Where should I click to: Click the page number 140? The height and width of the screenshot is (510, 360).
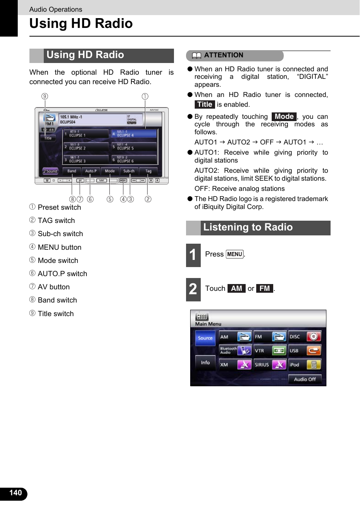[x=15, y=493]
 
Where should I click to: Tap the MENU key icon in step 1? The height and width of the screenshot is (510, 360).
[x=234, y=254]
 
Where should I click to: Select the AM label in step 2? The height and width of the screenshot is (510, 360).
[x=237, y=289]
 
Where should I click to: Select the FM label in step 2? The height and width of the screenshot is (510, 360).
[x=265, y=289]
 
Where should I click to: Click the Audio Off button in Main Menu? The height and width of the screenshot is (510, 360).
[x=305, y=379]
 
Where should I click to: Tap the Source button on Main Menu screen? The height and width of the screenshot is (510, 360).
[x=205, y=338]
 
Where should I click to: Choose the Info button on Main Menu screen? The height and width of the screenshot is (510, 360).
[x=205, y=363]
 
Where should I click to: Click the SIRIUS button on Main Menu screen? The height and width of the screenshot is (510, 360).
[x=270, y=365]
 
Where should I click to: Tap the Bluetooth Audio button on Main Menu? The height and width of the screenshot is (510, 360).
[x=235, y=350]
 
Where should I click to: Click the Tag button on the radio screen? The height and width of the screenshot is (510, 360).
[x=148, y=171]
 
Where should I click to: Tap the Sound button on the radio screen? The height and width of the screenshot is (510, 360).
[x=50, y=171]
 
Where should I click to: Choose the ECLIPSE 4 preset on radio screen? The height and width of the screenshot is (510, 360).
[x=134, y=134]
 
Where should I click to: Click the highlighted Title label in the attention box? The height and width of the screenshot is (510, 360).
[x=205, y=104]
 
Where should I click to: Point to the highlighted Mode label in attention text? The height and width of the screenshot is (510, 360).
[x=284, y=117]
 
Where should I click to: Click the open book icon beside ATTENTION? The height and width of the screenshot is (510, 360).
[x=197, y=56]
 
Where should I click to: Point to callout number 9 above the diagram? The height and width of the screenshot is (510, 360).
[x=45, y=96]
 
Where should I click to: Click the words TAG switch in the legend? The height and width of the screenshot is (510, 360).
[x=56, y=221]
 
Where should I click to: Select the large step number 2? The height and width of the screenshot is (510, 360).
[x=193, y=289]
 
